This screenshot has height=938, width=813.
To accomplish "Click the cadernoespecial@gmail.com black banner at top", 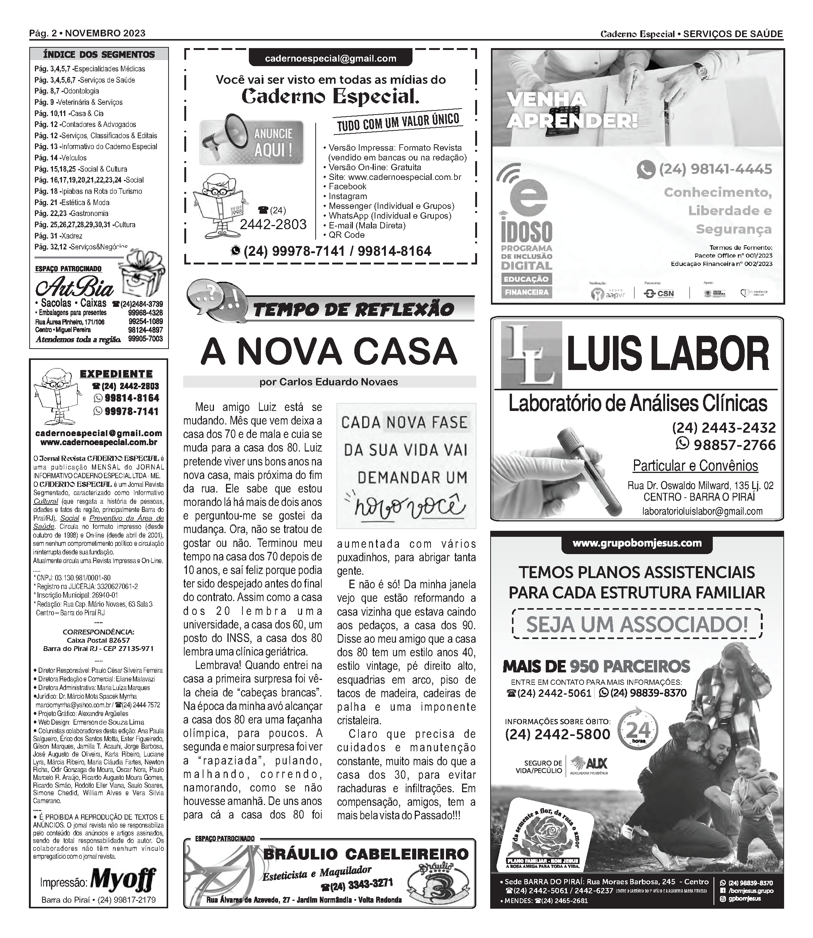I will pos(330,58).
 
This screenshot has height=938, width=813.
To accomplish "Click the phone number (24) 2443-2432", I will pos(724,428).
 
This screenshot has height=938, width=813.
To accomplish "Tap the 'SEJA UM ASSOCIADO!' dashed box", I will pos(637,624).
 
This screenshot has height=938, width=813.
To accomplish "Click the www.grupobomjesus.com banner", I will pos(637,543).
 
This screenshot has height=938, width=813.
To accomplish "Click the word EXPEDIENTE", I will pos(116,374).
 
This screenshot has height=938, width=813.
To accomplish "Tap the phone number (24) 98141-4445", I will pos(715,169).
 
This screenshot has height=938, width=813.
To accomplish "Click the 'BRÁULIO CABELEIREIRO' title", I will pos(366,854).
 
